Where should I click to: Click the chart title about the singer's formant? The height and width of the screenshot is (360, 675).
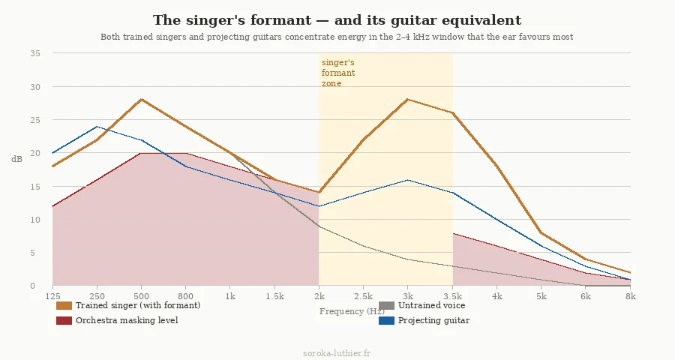pos(337,20)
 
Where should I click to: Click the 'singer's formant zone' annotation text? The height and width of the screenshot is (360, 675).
pos(338,73)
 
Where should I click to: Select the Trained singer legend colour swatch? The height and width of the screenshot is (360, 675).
pos(64,306)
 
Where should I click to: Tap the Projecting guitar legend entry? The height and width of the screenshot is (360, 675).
pos(433,321)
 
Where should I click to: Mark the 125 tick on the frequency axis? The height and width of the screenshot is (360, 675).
pos(52,297)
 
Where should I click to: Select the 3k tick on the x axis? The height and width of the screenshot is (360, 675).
pos(408,297)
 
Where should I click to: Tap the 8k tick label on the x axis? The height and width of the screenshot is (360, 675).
pos(631,297)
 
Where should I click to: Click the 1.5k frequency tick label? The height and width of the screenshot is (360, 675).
pos(275,297)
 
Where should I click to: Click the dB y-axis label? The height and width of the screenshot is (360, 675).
pos(17,159)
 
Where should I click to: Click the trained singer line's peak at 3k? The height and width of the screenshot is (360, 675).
pos(408,99)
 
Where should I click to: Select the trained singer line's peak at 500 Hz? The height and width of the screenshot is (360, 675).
pos(141,99)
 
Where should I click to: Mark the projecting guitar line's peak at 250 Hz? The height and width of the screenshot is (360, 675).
pos(97,126)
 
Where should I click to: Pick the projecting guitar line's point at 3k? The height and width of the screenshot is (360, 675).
pos(408,179)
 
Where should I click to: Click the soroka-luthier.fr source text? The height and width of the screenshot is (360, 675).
pos(337,352)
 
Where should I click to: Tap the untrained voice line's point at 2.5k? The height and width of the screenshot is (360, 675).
pos(364,246)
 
